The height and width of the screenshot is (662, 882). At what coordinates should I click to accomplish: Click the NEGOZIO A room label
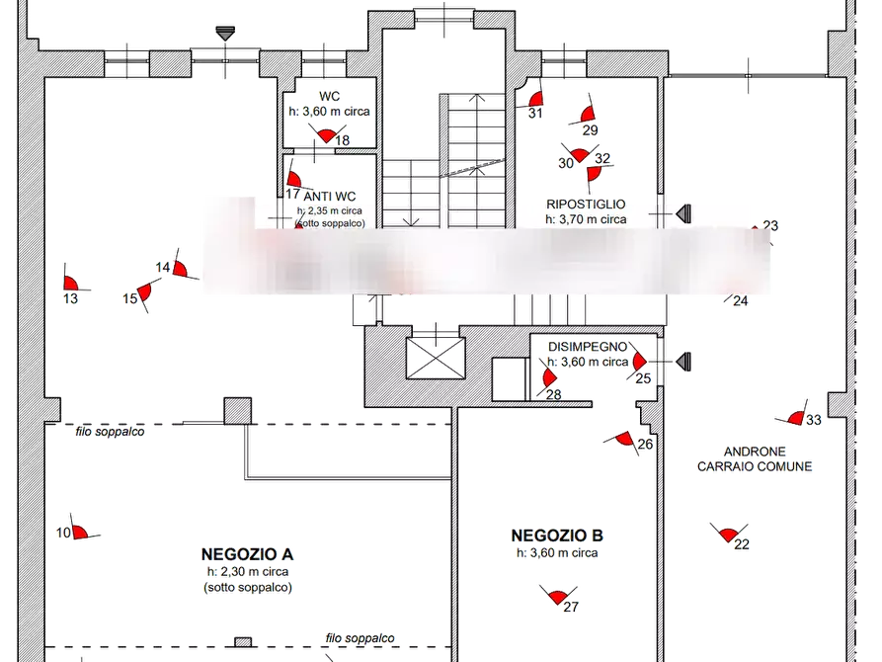click(x=250, y=554)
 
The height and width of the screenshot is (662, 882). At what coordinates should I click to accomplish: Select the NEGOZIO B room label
click(x=557, y=537)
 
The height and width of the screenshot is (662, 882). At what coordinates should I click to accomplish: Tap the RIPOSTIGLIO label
click(x=586, y=204)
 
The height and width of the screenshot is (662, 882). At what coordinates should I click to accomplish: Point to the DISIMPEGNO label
click(x=588, y=347)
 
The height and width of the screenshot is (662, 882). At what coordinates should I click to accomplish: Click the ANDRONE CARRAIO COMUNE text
click(x=755, y=458)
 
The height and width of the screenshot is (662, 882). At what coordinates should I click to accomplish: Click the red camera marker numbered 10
click(x=79, y=532)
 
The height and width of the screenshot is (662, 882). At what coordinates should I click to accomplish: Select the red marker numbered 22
click(x=729, y=535)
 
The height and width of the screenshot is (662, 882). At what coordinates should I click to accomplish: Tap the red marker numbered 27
click(x=558, y=596)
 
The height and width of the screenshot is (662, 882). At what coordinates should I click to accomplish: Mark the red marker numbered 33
click(x=797, y=418)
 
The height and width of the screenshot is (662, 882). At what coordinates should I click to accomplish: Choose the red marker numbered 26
click(x=624, y=439)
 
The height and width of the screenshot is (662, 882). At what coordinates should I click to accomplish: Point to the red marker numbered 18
click(x=326, y=134)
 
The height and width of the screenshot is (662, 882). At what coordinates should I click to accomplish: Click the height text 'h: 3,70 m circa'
click(x=586, y=219)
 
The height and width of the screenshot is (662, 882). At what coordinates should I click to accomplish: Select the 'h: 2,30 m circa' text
click(x=249, y=572)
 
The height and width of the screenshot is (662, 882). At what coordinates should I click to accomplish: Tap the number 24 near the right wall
click(x=741, y=301)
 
